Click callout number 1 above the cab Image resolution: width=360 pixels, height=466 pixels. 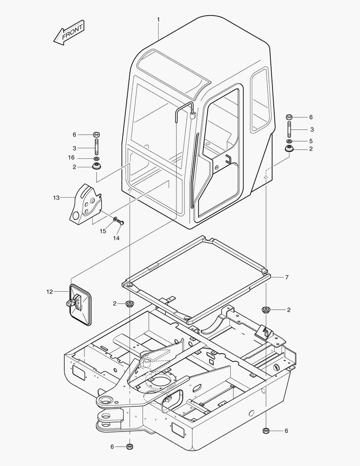158,19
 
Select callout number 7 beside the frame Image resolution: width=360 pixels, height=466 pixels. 287,277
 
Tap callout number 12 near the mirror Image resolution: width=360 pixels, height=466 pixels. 50,292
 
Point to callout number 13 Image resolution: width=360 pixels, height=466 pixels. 56,198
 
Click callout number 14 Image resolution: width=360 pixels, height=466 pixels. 116,238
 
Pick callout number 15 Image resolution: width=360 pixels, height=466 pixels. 103,231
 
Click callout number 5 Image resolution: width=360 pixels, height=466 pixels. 310,141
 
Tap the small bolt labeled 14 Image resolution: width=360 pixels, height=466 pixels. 121,222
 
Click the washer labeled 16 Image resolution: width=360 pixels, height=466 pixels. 97,159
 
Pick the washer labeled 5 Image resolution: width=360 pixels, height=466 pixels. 289,142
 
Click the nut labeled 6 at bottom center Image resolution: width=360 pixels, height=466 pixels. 130,446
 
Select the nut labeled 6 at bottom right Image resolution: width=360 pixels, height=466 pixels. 266,431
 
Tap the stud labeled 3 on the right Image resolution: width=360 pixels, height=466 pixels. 289,129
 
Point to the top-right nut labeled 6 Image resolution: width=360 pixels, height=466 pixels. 289,117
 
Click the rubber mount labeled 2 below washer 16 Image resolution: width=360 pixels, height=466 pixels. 97,166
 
